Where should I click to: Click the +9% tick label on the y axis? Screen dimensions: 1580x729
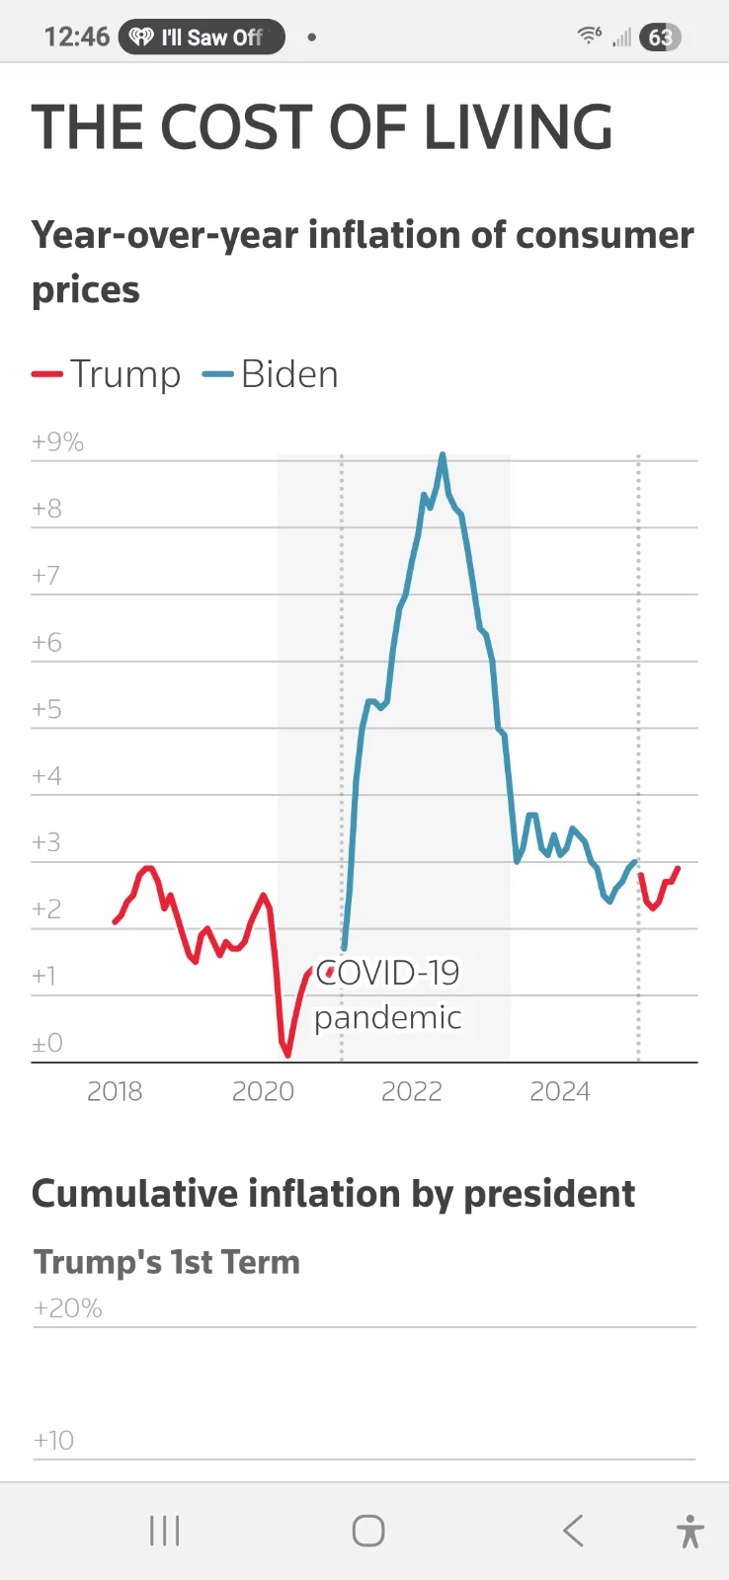57,442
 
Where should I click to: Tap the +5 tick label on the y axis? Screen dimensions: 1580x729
46,710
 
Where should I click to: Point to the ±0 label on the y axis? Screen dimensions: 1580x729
46,1044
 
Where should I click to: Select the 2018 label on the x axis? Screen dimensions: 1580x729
115,1091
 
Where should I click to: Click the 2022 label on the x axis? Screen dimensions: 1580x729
412,1091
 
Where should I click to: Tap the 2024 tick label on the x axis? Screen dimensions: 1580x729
560,1091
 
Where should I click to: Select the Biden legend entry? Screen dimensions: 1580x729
271,375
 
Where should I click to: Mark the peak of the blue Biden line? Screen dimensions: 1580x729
443,455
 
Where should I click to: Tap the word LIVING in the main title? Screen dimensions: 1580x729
519,127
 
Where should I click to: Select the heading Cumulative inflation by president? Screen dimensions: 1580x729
333,1194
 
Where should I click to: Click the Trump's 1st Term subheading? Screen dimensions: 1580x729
166,1262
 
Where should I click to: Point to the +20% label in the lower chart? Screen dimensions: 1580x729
67,1308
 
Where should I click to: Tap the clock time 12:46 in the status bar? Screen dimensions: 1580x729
76,38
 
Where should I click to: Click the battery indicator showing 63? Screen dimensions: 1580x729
660,38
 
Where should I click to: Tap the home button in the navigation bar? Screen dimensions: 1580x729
368,1531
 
